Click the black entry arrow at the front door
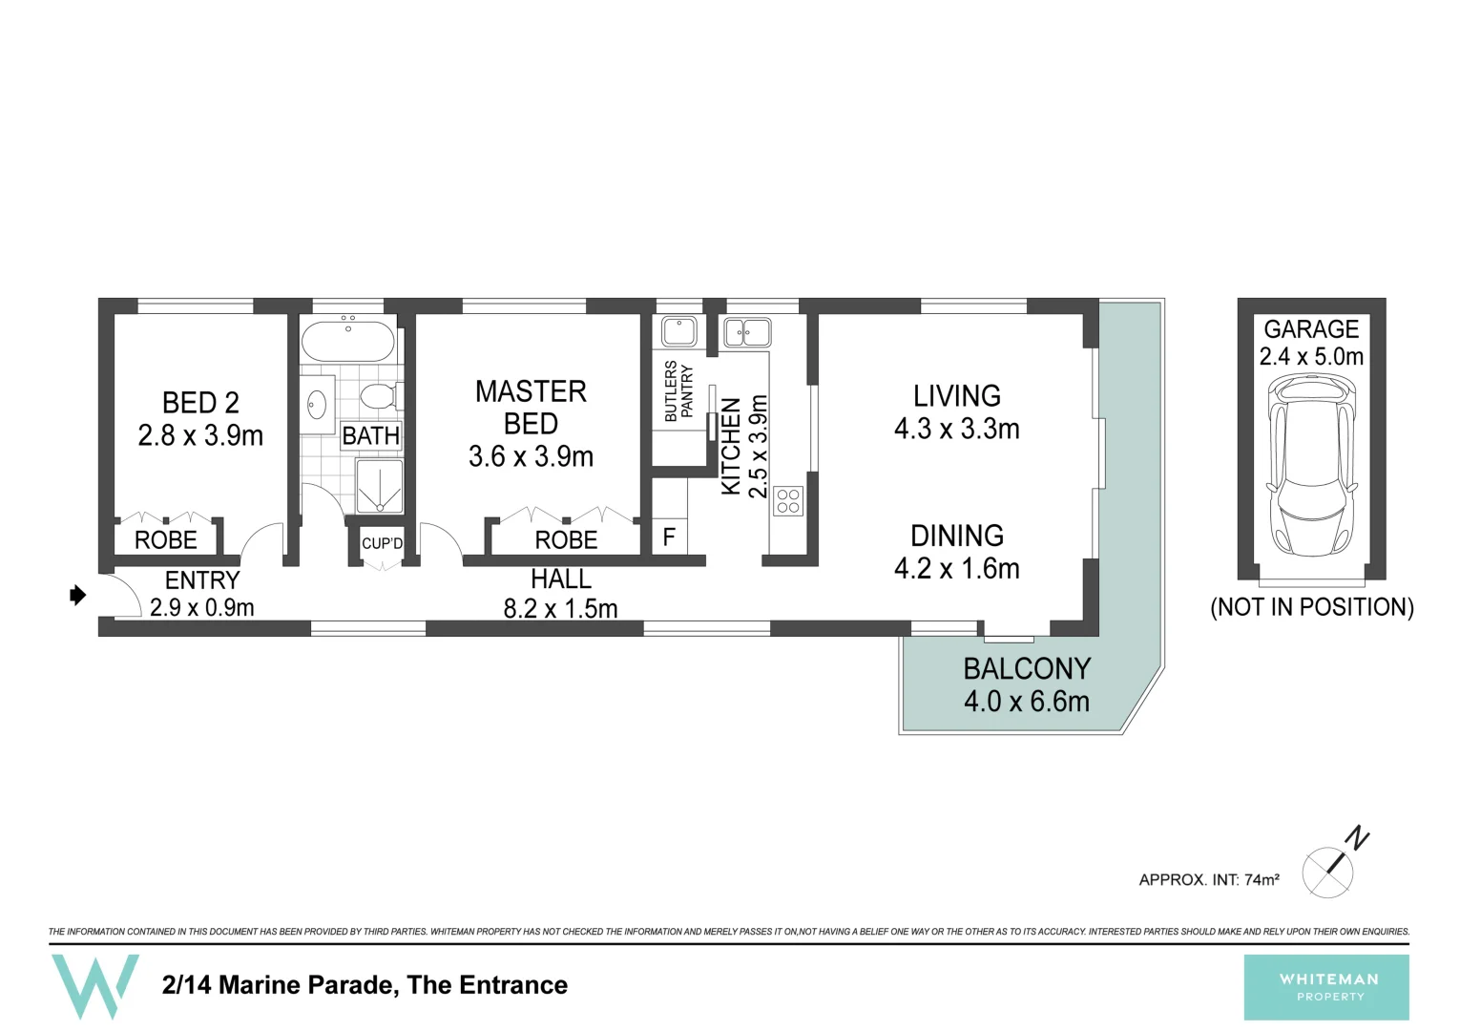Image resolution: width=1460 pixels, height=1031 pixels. [78, 596]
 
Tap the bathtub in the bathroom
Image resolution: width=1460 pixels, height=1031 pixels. [347, 341]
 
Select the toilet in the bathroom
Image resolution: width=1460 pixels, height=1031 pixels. [380, 395]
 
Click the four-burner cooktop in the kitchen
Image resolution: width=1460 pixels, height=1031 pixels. [788, 501]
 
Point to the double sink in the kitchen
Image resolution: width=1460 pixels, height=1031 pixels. [747, 333]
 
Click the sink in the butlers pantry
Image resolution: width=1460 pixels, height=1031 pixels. [678, 331]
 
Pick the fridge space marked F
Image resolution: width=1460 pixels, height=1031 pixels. [669, 537]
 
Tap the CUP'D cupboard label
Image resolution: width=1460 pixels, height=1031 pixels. [382, 543]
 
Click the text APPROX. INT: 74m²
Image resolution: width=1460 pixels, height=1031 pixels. [1208, 879]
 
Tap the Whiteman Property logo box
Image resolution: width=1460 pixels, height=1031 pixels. [1326, 987]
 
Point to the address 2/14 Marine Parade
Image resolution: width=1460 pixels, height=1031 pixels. [365, 985]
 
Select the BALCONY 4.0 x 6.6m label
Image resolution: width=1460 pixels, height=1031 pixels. [1026, 684]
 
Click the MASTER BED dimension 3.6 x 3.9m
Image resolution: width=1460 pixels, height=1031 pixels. [531, 456]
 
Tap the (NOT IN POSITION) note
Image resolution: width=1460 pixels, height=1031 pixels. [1311, 607]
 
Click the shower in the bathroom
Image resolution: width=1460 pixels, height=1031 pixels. [379, 486]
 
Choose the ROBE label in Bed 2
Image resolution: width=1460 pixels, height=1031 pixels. [165, 540]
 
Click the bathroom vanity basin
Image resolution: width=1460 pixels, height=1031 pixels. [317, 405]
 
